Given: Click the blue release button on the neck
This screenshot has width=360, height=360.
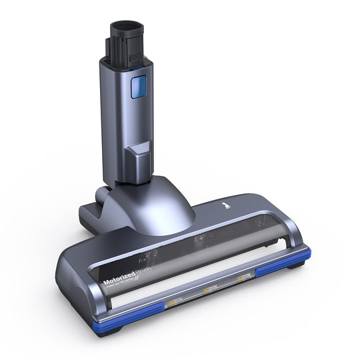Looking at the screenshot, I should point(138,87).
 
